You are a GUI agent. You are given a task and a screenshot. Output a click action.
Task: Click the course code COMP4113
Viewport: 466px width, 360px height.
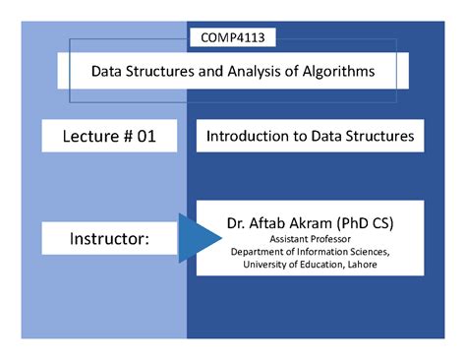pyautogui.click(x=232, y=38)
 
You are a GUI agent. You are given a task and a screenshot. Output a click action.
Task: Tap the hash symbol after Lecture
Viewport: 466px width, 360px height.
pyautogui.click(x=125, y=137)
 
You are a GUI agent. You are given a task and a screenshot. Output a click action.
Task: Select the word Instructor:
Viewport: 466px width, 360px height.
pyautogui.click(x=109, y=239)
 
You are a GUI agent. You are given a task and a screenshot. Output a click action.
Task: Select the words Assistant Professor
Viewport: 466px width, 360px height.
pyautogui.click(x=310, y=238)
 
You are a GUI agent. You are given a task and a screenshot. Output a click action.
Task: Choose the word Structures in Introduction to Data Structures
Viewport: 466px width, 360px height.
pyautogui.click(x=379, y=137)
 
